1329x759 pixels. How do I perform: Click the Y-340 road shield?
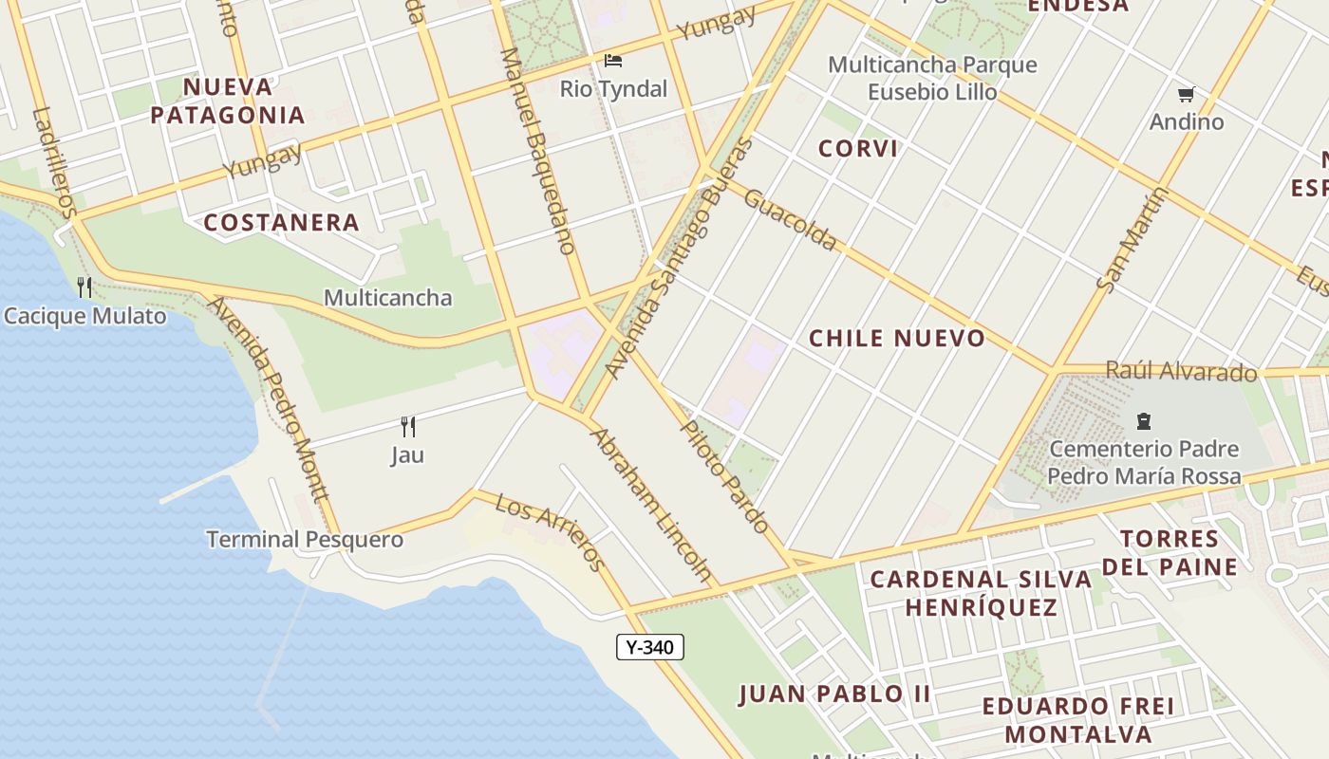(650, 647)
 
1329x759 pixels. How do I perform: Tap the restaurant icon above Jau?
(408, 426)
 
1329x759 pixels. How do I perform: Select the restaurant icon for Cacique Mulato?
(84, 287)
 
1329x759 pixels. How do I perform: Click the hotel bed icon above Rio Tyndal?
(613, 61)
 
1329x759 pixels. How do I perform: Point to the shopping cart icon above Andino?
(1186, 94)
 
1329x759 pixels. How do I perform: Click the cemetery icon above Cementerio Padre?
(1144, 421)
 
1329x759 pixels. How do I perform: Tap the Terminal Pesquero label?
(305, 540)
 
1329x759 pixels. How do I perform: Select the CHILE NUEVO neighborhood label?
(897, 339)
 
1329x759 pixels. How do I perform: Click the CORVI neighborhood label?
(858, 148)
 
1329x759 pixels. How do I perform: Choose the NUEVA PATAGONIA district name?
(228, 102)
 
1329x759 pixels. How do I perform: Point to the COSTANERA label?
(282, 223)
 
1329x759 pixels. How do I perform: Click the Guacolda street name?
(790, 219)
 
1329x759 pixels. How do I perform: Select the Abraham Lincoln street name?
(651, 504)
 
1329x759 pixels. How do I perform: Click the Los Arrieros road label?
(550, 531)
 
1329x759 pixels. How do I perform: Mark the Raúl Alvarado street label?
(1181, 371)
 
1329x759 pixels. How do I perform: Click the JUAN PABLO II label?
(834, 694)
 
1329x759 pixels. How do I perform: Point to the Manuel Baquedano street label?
(537, 152)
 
